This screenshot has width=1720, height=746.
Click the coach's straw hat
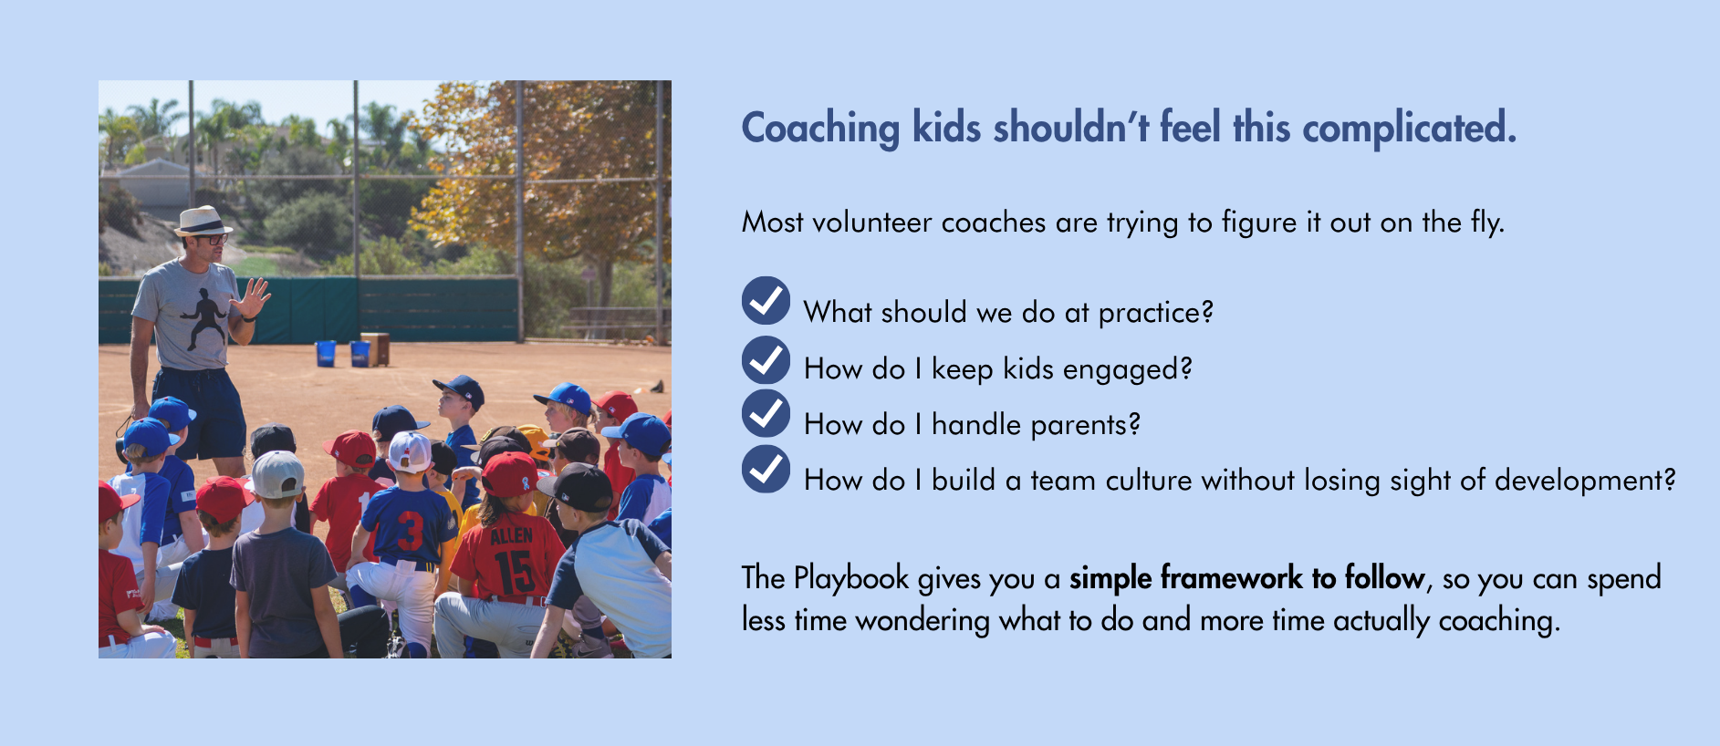click(203, 221)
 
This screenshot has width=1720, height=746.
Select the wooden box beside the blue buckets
click(375, 349)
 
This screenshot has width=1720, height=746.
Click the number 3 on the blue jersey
click(410, 530)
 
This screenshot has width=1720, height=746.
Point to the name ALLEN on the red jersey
click(512, 534)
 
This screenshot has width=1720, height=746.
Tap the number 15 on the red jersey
click(513, 572)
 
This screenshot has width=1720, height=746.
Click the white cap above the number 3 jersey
click(410, 451)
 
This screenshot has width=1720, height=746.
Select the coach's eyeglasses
click(213, 240)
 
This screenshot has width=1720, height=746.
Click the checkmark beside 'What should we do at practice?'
click(766, 301)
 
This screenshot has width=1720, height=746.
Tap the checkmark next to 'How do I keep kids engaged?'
click(766, 358)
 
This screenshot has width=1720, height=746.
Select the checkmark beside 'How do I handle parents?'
click(766, 413)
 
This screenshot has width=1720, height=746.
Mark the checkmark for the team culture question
click(766, 469)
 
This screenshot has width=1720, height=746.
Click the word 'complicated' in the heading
click(1409, 129)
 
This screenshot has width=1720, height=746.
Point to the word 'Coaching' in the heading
click(820, 129)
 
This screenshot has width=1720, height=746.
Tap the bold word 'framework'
click(1232, 578)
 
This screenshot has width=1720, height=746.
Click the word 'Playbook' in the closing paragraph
click(851, 579)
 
